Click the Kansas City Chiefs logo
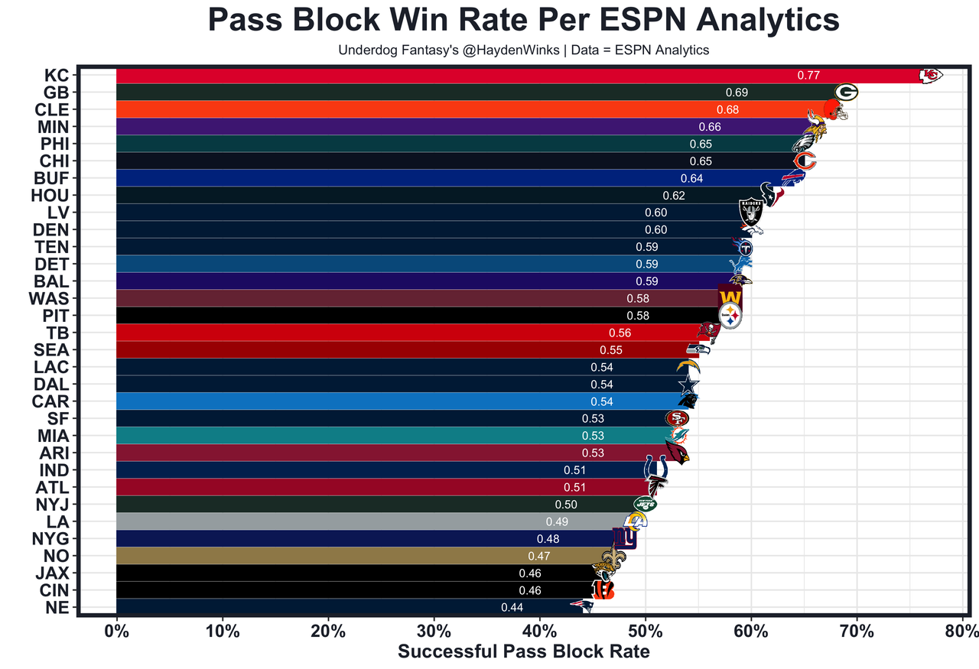[930, 75]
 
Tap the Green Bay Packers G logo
[846, 93]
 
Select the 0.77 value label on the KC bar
[808, 75]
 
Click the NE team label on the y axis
[57, 608]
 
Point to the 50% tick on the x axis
[645, 632]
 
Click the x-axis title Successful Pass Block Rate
[524, 652]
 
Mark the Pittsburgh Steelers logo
[730, 315]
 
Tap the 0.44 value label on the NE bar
[512, 608]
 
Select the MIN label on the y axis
[52, 127]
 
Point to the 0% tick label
[116, 632]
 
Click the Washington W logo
[730, 297]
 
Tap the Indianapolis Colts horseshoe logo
[656, 468]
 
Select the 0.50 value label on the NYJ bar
[566, 505]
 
